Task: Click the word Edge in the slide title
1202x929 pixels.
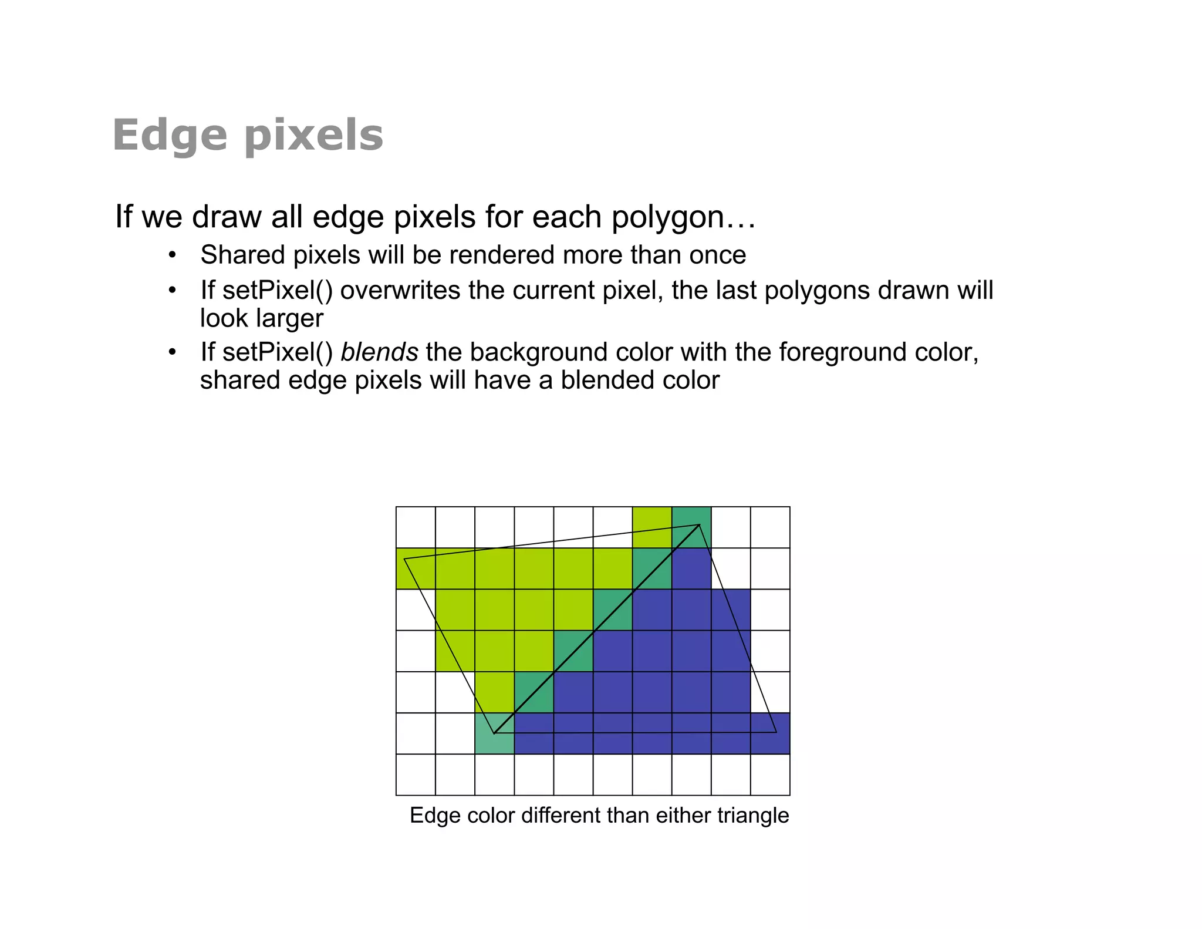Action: tap(169, 136)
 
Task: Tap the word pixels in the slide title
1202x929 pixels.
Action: tap(313, 136)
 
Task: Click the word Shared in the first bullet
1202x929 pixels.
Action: tap(242, 255)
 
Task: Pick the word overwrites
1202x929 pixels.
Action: tap(400, 290)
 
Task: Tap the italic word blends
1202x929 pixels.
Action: tap(379, 352)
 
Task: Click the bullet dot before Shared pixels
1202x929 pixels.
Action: tap(172, 255)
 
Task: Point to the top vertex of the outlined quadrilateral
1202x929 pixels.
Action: tap(699, 525)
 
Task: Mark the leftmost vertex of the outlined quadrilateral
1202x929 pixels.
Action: tap(404, 560)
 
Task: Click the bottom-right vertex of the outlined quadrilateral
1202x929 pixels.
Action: tap(776, 732)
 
